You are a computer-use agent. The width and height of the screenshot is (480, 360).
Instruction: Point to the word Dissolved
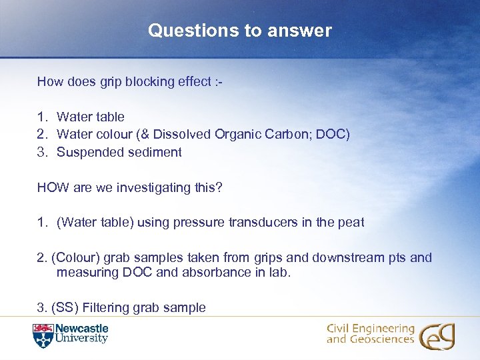pos(185,134)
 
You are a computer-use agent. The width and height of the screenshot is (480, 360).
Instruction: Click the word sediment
pos(153,152)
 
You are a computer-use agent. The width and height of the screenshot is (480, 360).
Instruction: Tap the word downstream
pos(347,257)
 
